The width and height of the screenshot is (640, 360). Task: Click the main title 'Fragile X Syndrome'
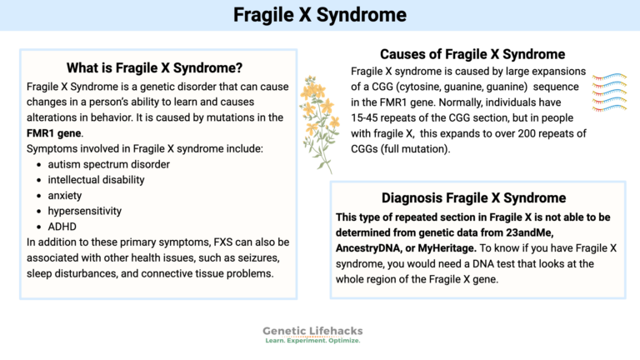320,15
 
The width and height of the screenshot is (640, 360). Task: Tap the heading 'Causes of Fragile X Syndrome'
472,55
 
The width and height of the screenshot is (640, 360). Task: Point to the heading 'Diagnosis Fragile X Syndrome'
474,197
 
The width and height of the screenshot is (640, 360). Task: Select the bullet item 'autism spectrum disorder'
109,164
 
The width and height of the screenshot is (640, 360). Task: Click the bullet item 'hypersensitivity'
85,211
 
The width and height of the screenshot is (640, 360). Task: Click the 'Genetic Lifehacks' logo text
313,331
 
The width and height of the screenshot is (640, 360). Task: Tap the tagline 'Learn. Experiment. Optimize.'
313,342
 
